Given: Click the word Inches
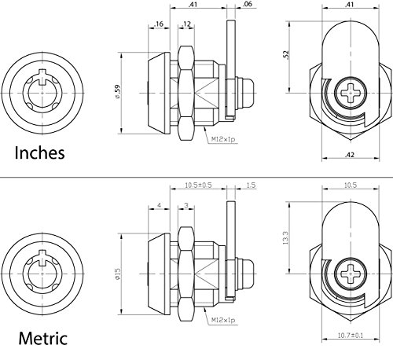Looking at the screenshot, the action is (39, 152).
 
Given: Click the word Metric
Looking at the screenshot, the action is (43, 338).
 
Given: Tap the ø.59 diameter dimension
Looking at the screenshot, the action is (117, 91).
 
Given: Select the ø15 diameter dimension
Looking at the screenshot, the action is (117, 274).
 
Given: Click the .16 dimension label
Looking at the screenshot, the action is (159, 24).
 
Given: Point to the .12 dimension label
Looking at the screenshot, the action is (186, 24).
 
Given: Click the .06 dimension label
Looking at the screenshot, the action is (248, 4).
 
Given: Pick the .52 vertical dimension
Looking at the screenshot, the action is (286, 55).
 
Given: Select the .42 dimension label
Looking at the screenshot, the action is (350, 155).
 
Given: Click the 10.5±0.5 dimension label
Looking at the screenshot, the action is (198, 185).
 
